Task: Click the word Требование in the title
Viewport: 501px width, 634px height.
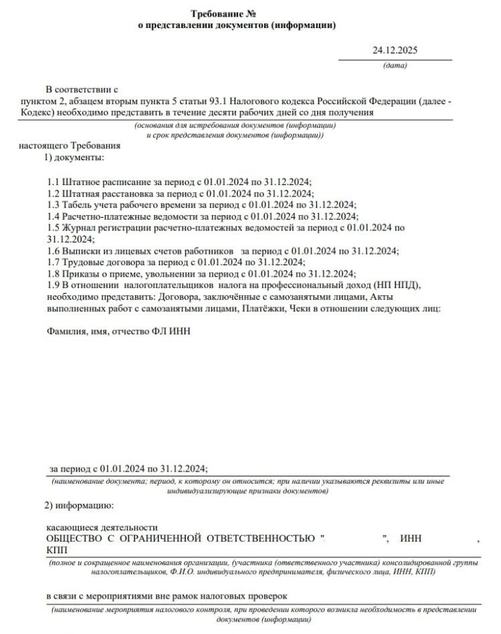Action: (215, 14)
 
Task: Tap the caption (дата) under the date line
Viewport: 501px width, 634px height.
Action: (395, 65)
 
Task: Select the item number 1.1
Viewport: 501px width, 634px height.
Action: (53, 182)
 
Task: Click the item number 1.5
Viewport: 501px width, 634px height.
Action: (53, 228)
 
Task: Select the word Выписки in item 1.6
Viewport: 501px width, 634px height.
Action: (80, 251)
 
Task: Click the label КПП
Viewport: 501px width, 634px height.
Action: (56, 550)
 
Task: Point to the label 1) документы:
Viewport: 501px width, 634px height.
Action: (74, 158)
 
